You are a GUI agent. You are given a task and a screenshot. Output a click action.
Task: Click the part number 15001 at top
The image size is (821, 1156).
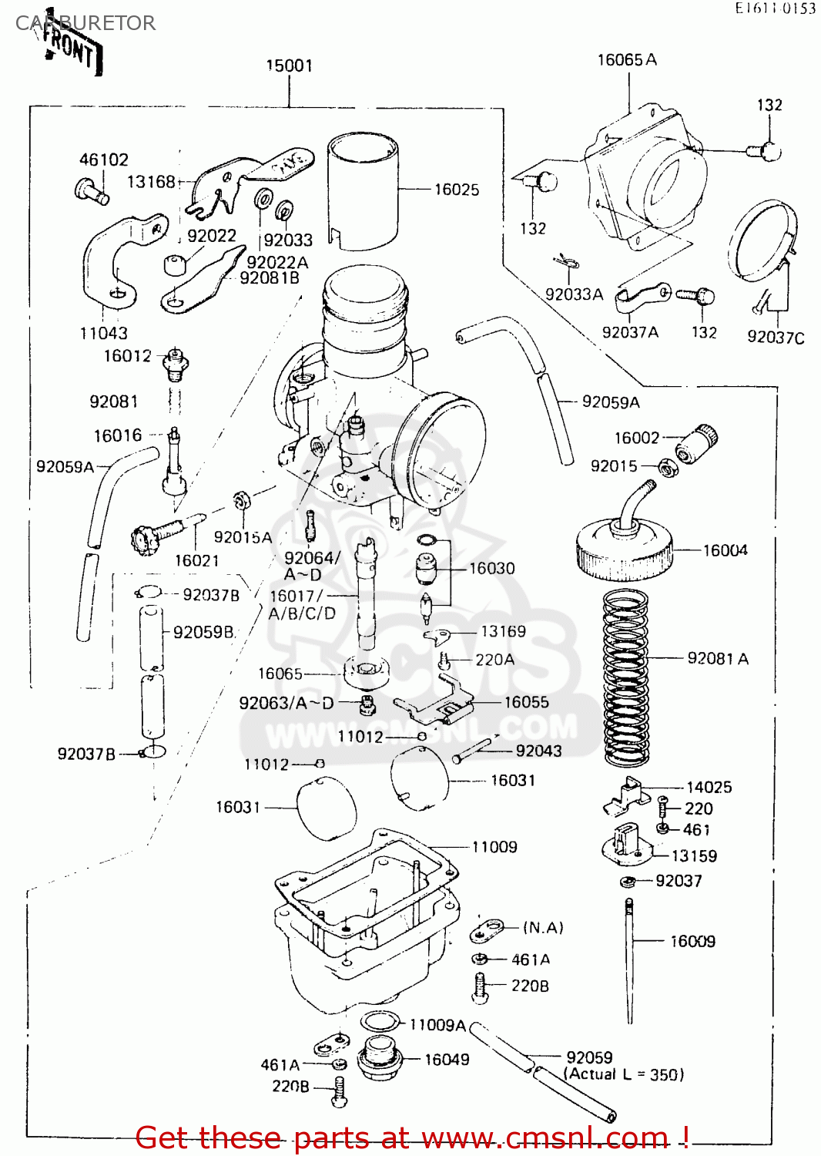pyautogui.click(x=289, y=66)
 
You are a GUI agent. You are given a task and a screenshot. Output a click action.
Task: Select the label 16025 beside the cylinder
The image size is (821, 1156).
pyautogui.click(x=456, y=190)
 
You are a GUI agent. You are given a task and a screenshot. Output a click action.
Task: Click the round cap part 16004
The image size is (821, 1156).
pyautogui.click(x=624, y=548)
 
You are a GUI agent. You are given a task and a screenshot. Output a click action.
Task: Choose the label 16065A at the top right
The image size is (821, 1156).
pyautogui.click(x=627, y=60)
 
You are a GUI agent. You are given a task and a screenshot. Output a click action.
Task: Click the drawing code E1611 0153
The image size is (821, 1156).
pyautogui.click(x=775, y=8)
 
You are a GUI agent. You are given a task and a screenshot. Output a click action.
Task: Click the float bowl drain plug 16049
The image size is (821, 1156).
pyautogui.click(x=379, y=1060)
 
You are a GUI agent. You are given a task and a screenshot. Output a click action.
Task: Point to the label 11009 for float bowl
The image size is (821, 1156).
pyautogui.click(x=494, y=847)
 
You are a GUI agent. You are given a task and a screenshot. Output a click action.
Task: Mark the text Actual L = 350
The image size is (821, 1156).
pyautogui.click(x=624, y=1074)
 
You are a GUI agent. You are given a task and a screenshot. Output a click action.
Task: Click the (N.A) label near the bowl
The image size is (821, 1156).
pyautogui.click(x=543, y=927)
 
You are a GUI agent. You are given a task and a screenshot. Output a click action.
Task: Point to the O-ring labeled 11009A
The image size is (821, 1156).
pyautogui.click(x=378, y=1023)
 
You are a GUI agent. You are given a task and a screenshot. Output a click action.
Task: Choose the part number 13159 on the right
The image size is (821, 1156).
pyautogui.click(x=694, y=856)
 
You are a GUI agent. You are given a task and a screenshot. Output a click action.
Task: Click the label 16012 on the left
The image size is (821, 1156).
pyautogui.click(x=128, y=356)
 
